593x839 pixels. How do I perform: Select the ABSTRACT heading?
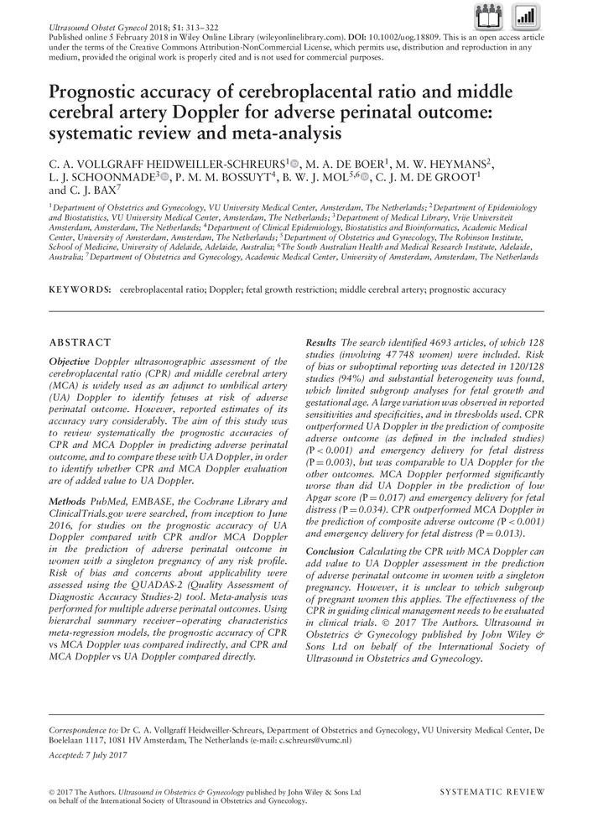[81, 342]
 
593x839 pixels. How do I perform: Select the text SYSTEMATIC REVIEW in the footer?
[492, 791]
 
